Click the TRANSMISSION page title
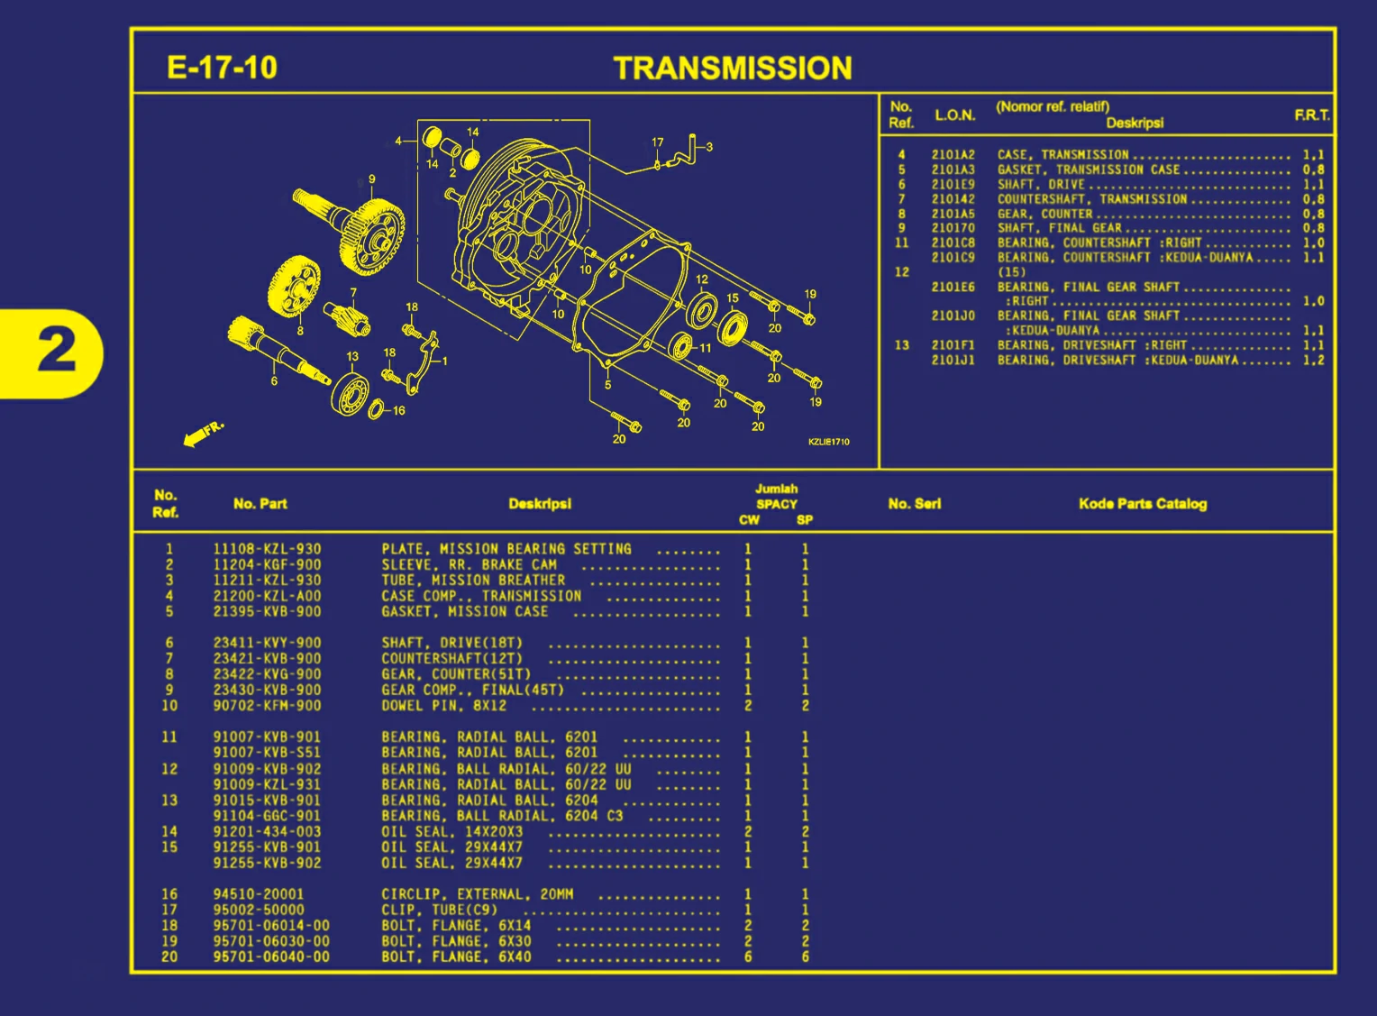(732, 68)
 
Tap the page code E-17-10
(222, 68)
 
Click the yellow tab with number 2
(56, 351)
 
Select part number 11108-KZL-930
(267, 549)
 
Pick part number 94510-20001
(259, 894)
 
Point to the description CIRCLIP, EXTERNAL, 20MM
(477, 894)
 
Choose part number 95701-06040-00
(271, 957)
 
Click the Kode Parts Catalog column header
(1142, 504)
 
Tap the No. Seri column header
(914, 504)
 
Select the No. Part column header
(260, 504)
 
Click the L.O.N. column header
(954, 115)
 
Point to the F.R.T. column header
(1311, 115)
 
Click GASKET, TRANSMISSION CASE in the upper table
(1088, 169)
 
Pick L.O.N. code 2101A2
(953, 155)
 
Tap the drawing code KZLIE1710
(828, 442)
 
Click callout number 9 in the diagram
(371, 179)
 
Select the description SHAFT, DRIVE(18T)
(451, 643)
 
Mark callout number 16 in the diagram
(398, 410)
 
